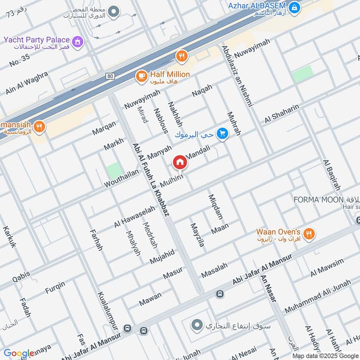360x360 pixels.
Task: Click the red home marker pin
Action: tap(180, 162)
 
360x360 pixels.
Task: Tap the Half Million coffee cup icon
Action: tap(141, 77)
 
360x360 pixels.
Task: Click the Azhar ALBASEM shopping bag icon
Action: tap(294, 7)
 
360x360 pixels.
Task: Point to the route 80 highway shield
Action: tap(110, 76)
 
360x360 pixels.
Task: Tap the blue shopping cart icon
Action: tap(222, 134)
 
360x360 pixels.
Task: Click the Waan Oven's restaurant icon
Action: tap(308, 234)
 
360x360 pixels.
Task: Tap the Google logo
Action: tap(18, 354)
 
